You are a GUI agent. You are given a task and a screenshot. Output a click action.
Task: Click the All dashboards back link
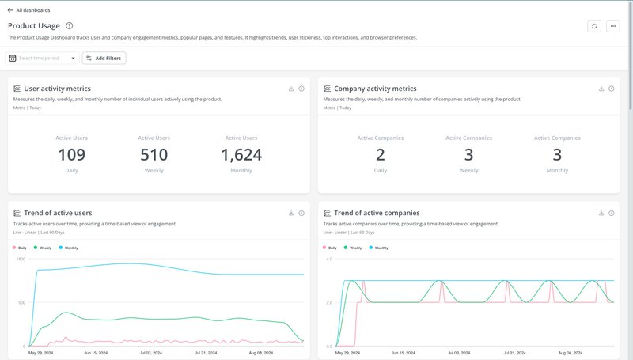pyautogui.click(x=28, y=10)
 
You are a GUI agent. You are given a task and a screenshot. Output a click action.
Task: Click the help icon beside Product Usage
pyautogui.click(x=70, y=26)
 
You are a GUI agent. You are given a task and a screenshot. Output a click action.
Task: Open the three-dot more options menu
pyautogui.click(x=613, y=26)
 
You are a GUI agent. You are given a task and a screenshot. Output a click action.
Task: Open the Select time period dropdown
pyautogui.click(x=43, y=58)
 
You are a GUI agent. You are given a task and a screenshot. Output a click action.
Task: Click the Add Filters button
pyautogui.click(x=104, y=58)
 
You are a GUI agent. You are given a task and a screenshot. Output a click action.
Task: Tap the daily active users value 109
pyautogui.click(x=72, y=154)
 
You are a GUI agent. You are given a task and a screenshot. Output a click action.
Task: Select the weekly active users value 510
pyautogui.click(x=154, y=154)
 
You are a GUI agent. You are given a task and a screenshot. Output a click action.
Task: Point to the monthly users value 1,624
pyautogui.click(x=241, y=154)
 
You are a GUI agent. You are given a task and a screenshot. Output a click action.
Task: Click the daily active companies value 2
pyautogui.click(x=381, y=154)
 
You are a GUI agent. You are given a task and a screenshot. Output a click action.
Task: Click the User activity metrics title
pyautogui.click(x=57, y=89)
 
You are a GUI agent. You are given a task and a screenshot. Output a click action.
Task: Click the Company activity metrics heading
pyautogui.click(x=375, y=89)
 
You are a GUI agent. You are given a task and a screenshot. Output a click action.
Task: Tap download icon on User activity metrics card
pyautogui.click(x=291, y=89)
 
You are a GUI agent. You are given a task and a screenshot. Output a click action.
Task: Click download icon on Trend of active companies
pyautogui.click(x=601, y=213)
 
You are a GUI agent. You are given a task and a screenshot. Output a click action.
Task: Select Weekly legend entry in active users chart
pyautogui.click(x=45, y=248)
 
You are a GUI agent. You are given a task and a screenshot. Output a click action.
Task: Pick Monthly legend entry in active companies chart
pyautogui.click(x=381, y=248)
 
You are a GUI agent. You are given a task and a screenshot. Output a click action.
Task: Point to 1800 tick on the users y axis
pyautogui.click(x=21, y=260)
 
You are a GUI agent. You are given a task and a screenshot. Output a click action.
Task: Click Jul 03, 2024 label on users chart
pyautogui.click(x=150, y=353)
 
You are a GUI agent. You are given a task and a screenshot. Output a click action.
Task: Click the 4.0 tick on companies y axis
pyautogui.click(x=328, y=260)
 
